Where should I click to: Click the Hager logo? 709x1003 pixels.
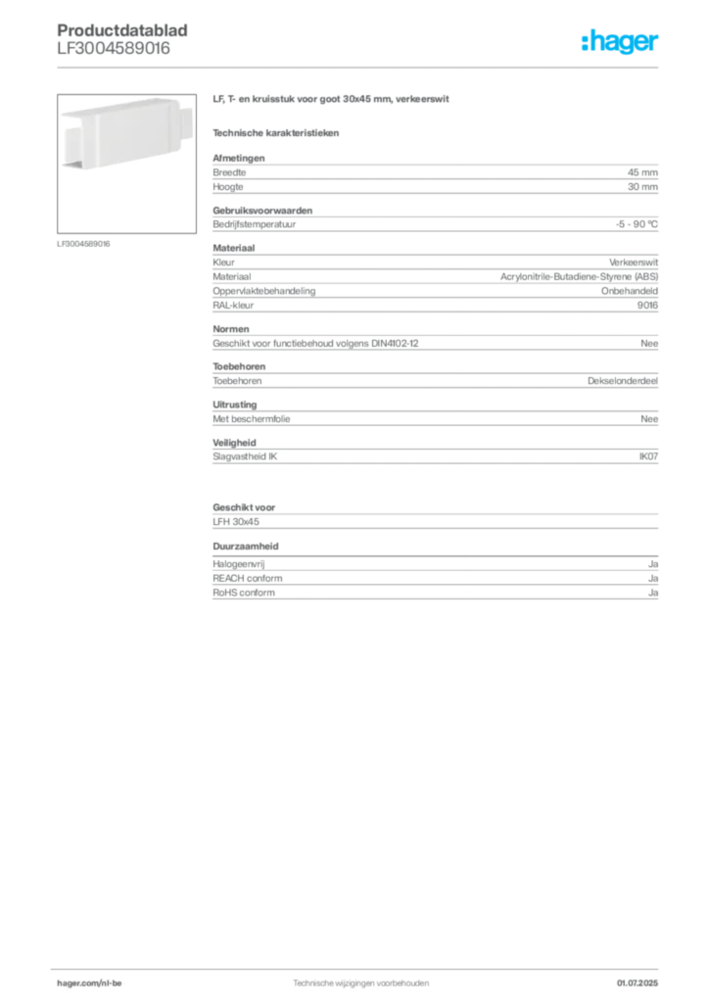coord(619,41)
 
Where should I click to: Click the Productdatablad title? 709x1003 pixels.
coord(122,30)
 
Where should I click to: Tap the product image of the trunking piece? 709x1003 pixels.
coord(126,164)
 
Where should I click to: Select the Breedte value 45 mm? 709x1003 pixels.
coord(642,172)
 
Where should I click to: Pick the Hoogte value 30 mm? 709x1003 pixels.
coord(642,187)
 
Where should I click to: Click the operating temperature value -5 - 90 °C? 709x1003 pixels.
coord(637,224)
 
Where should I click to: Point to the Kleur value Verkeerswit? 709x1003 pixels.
coord(634,263)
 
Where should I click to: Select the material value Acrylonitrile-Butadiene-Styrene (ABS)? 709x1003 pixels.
coord(579,277)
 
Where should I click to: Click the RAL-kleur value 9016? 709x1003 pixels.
coord(647,306)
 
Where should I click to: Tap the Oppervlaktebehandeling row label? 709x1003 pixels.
coord(264,291)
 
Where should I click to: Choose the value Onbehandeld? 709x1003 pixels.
coord(629,291)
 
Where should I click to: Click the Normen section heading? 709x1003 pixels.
coord(231,329)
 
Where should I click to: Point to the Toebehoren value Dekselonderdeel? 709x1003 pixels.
coord(623,381)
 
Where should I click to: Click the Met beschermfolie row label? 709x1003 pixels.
coord(252,419)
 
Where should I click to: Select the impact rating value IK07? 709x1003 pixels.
coord(648,456)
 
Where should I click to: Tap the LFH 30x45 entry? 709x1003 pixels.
coord(236,522)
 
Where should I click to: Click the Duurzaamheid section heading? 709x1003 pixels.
coord(246,547)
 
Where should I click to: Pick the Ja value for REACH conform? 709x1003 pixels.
coord(653,578)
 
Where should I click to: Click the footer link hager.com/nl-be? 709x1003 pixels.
coord(89,983)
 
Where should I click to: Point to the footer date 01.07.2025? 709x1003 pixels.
coord(638,983)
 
